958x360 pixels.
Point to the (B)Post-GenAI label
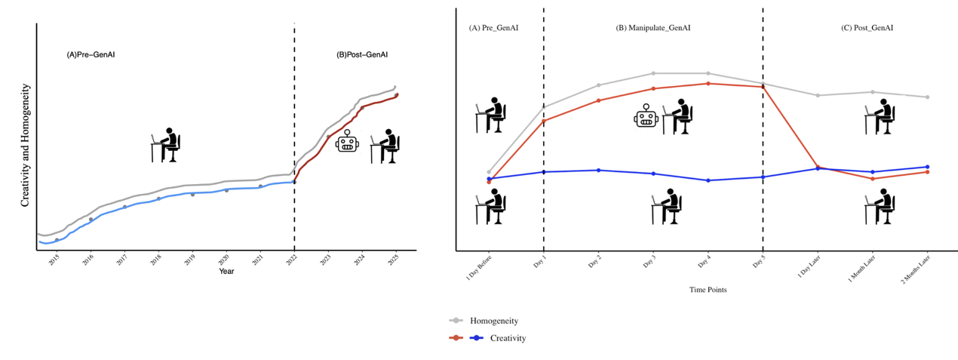click(362, 54)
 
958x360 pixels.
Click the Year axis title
click(226, 271)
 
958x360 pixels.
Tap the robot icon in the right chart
click(647, 116)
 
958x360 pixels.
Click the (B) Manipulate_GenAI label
click(653, 28)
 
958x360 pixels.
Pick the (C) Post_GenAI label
click(867, 28)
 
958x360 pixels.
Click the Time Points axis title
click(708, 289)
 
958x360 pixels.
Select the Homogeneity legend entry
click(494, 321)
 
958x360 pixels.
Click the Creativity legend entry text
click(508, 338)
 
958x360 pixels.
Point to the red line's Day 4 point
click(708, 83)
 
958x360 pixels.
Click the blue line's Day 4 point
click(708, 180)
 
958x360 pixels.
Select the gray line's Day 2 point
click(598, 85)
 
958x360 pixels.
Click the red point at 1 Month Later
click(873, 179)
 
